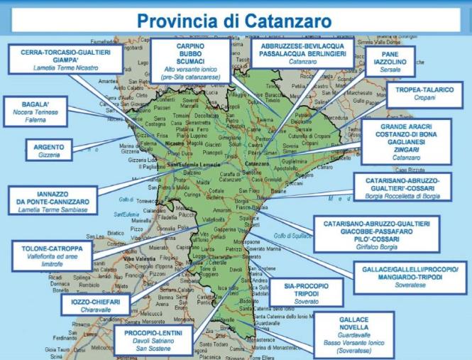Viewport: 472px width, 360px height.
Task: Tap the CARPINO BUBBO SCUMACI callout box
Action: (190, 60)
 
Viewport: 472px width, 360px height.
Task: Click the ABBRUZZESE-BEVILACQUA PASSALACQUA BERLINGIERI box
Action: (302, 53)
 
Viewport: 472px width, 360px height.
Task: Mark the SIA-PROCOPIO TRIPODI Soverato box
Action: (306, 293)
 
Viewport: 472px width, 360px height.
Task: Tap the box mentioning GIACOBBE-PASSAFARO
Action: (376, 234)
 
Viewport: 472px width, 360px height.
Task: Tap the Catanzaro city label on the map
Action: (255, 164)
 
